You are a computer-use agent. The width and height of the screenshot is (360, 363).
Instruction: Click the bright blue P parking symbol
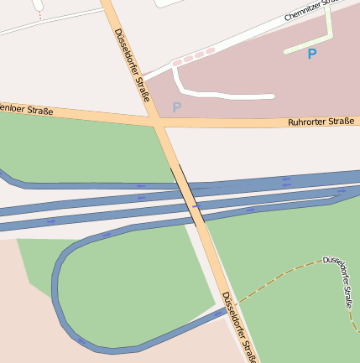[312, 54]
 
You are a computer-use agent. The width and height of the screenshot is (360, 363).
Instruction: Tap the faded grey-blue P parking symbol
[176, 107]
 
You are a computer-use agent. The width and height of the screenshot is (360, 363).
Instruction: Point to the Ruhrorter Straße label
[321, 122]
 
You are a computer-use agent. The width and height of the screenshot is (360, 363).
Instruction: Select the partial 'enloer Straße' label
[26, 110]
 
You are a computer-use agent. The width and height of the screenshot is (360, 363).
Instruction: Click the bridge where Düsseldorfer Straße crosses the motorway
[189, 198]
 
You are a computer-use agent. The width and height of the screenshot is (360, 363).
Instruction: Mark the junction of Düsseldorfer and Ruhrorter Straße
[158, 123]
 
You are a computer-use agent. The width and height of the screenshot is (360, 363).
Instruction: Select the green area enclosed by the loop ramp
[134, 285]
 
